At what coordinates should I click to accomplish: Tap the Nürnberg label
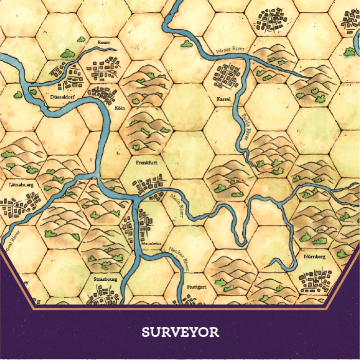(x=315, y=256)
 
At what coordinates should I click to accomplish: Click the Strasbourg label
(x=106, y=279)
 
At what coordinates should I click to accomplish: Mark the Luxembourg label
(x=21, y=184)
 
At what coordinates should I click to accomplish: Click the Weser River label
(x=229, y=50)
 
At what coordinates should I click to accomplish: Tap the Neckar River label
(x=179, y=258)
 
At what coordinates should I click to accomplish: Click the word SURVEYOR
(x=180, y=332)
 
